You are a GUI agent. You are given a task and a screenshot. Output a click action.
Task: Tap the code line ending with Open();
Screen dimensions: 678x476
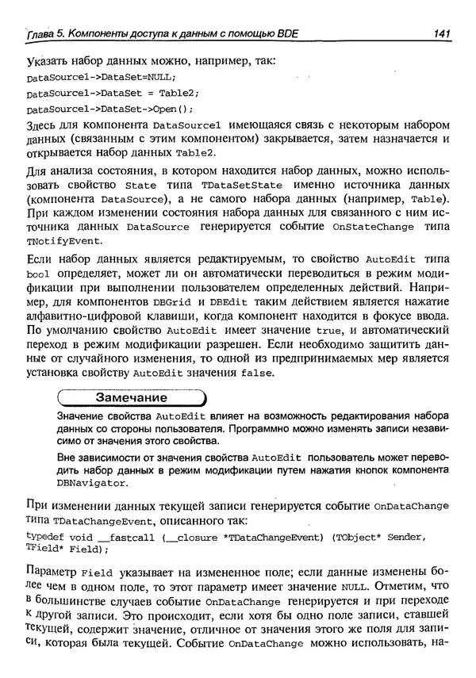pyautogui.click(x=109, y=109)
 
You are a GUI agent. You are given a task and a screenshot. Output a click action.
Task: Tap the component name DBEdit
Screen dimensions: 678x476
pyautogui.click(x=228, y=309)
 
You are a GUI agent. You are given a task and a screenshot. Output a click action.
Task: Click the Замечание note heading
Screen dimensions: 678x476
pyautogui.click(x=131, y=397)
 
